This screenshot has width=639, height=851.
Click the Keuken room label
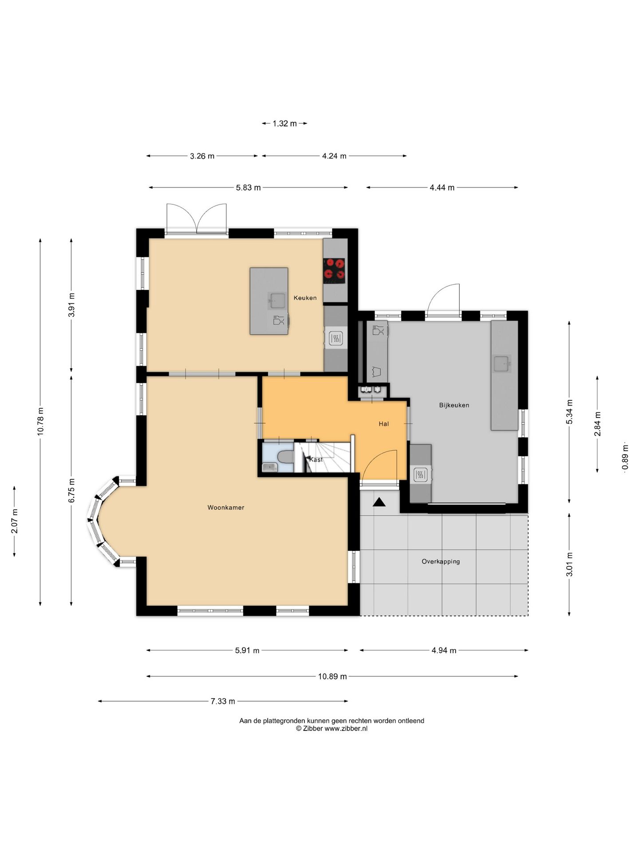tap(305, 298)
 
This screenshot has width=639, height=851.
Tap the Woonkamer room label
tap(226, 507)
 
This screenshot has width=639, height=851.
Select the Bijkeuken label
tap(454, 405)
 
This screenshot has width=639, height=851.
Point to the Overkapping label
tap(441, 562)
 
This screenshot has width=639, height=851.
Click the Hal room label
tap(384, 424)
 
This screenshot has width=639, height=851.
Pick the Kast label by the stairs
tap(316, 460)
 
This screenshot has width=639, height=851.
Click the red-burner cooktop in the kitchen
tap(334, 270)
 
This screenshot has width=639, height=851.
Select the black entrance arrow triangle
tap(379, 502)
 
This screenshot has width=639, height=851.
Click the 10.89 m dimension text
tap(332, 676)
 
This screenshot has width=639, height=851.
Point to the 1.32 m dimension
tap(284, 124)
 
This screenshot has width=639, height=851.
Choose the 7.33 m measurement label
tap(223, 701)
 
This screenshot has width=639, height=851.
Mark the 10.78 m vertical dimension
tap(40, 422)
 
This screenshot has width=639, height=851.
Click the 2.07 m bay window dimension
tap(15, 521)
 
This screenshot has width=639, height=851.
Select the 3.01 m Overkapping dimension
tap(569, 564)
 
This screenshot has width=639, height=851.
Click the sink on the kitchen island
tap(278, 300)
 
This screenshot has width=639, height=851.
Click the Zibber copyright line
tap(331, 728)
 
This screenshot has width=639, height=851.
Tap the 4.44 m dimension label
tap(442, 187)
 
